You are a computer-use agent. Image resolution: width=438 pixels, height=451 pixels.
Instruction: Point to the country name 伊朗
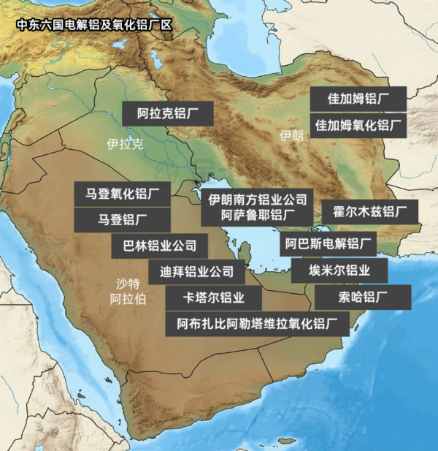[291, 136]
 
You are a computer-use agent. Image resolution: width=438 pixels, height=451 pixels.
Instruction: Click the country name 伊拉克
[125, 144]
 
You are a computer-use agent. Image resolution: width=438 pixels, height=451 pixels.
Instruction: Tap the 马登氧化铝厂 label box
[123, 194]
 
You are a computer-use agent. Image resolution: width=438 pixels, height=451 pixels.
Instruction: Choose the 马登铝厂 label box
[123, 219]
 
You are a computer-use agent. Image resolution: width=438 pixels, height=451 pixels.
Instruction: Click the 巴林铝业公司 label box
[160, 245]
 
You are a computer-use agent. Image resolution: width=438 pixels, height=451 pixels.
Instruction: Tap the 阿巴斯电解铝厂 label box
[328, 243]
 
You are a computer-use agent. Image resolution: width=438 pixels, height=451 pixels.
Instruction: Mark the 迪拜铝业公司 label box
[196, 272]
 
